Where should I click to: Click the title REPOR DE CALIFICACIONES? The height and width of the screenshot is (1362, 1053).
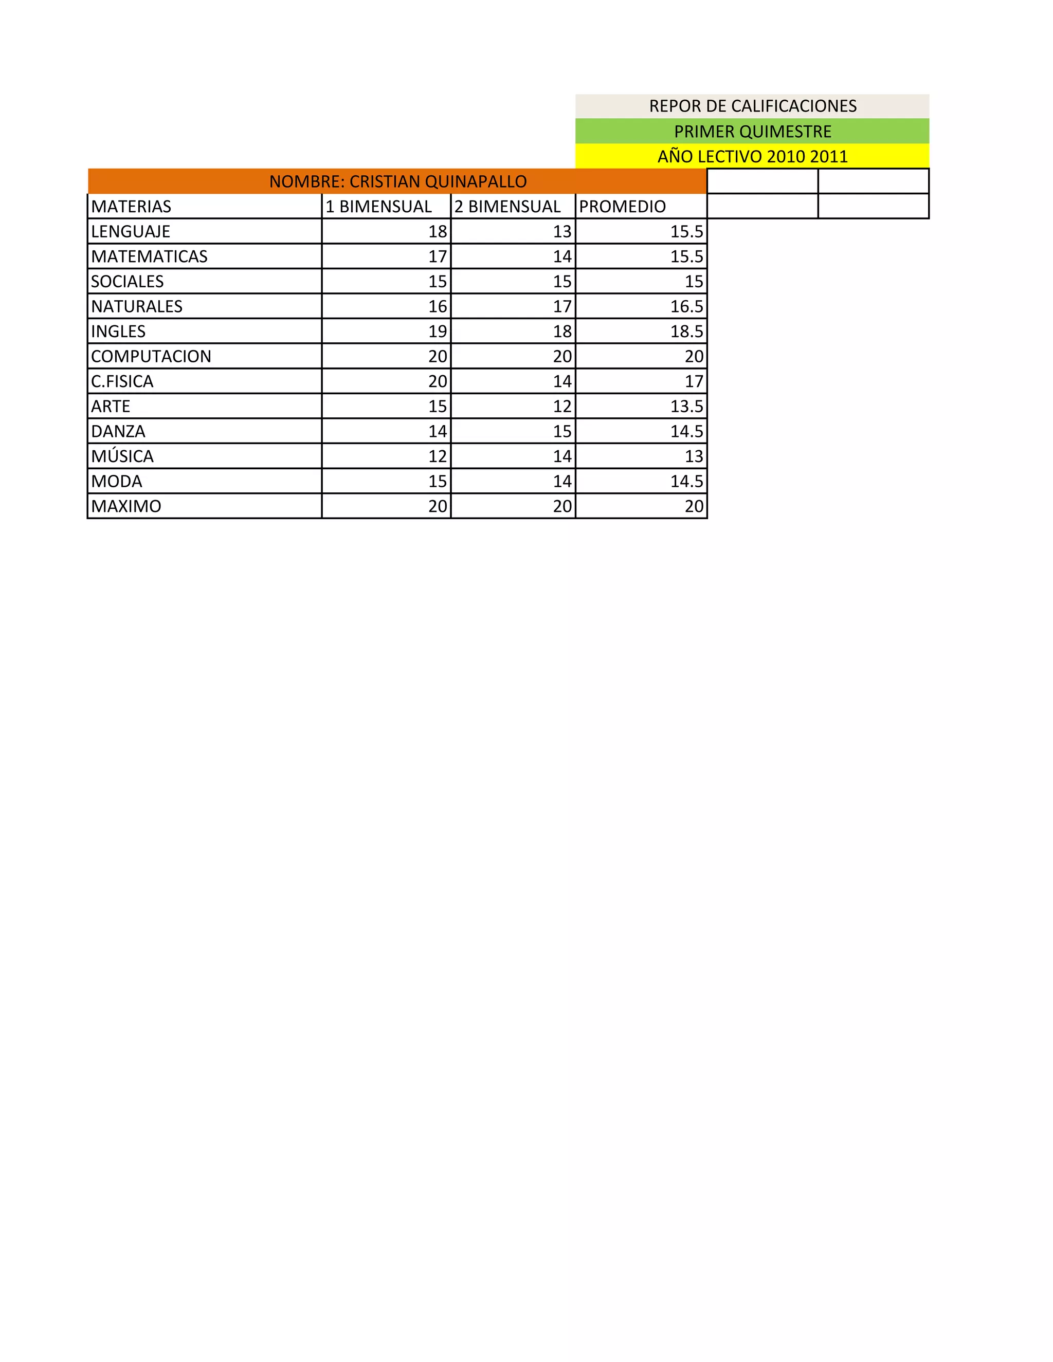pos(752,106)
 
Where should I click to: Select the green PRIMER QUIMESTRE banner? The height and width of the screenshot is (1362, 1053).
pos(752,132)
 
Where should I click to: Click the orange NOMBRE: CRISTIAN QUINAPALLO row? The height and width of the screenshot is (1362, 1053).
pos(397,181)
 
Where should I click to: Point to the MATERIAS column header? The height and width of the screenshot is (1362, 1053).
pos(131,207)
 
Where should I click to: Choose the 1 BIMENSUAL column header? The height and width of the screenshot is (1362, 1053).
pos(378,207)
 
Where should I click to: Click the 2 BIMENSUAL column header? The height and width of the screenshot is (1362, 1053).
pos(507,207)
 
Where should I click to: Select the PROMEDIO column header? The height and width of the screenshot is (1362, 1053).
pos(622,207)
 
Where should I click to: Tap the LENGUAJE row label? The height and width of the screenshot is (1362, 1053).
pos(131,231)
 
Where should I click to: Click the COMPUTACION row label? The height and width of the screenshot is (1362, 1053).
pos(151,356)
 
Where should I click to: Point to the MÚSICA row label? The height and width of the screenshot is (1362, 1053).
pos(122,456)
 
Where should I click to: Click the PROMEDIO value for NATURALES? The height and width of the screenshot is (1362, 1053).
pos(686,306)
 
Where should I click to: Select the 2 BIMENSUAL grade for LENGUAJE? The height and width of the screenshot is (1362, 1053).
pos(561,231)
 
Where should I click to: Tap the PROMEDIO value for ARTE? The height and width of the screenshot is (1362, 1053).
pos(686,407)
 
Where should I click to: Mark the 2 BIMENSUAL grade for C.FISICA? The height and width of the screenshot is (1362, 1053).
pos(561,381)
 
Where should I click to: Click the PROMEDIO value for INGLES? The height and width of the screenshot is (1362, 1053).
pos(686,331)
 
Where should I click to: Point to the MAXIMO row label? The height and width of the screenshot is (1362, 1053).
pos(126,506)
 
